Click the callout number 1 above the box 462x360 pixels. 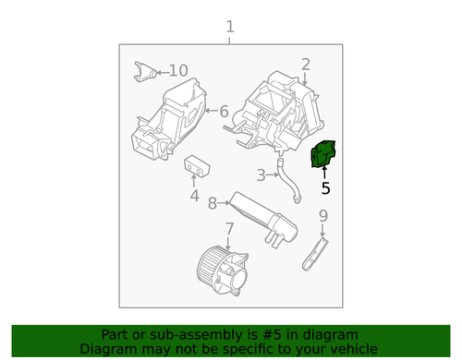click(x=230, y=27)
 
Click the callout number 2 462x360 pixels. click(x=306, y=65)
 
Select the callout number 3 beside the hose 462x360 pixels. click(x=261, y=175)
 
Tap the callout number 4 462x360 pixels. click(x=194, y=196)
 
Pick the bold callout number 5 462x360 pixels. click(x=325, y=188)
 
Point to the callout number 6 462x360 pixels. click(x=225, y=111)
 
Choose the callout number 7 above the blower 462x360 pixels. click(x=229, y=229)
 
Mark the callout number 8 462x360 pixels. click(x=213, y=203)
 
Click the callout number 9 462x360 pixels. click(x=323, y=216)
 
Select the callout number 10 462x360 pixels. click(x=178, y=71)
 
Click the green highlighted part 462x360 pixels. click(x=323, y=154)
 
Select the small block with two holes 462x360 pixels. click(x=197, y=166)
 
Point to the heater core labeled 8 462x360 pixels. click(x=264, y=220)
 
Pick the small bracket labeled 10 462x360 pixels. click(x=145, y=72)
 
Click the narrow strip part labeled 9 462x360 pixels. click(x=315, y=254)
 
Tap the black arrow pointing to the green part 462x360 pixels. click(x=324, y=172)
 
